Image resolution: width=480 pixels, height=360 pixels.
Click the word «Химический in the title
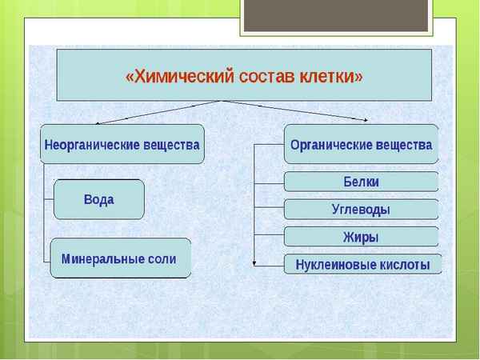coord(178,77)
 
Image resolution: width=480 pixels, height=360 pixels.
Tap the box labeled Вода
coord(98,199)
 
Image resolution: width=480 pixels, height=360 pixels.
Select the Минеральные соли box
coord(120,258)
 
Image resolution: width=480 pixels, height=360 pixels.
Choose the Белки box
coord(361,182)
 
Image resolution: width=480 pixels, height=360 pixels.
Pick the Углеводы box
coord(361,210)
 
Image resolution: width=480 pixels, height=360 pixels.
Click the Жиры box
coord(361,237)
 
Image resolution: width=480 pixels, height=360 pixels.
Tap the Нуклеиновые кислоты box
coord(362,264)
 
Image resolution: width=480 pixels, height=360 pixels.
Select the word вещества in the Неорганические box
coord(171,146)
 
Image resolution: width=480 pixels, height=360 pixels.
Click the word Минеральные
coord(103,258)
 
